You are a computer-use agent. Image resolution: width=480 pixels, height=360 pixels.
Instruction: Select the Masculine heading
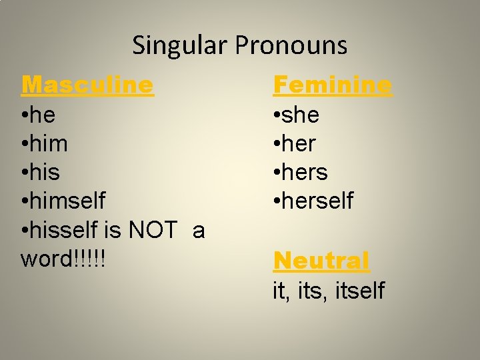pyautogui.click(x=87, y=85)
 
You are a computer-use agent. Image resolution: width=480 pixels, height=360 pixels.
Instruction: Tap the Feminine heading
pyautogui.click(x=333, y=85)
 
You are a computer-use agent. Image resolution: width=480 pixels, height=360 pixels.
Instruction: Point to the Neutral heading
pyautogui.click(x=321, y=261)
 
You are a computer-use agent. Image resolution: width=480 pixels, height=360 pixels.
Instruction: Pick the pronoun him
pyautogui.click(x=48, y=144)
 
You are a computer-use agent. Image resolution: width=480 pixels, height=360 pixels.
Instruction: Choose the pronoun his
pyautogui.click(x=45, y=173)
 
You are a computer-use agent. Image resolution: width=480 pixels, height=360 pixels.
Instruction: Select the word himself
pyautogui.click(x=67, y=201)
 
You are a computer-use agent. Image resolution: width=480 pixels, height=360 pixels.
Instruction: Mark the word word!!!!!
pyautogui.click(x=64, y=259)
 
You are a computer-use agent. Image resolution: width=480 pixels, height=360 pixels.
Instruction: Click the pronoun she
pyautogui.click(x=301, y=115)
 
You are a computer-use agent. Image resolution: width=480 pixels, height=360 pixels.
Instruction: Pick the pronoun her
pyautogui.click(x=299, y=144)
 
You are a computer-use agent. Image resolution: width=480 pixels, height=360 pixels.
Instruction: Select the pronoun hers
pyautogui.click(x=305, y=173)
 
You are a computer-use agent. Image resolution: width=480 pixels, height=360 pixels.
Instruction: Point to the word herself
pyautogui.click(x=318, y=201)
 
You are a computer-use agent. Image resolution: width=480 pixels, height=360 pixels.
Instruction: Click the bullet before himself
pyautogui.click(x=24, y=201)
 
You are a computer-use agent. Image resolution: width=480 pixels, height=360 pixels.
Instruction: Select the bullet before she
pyautogui.click(x=277, y=116)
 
